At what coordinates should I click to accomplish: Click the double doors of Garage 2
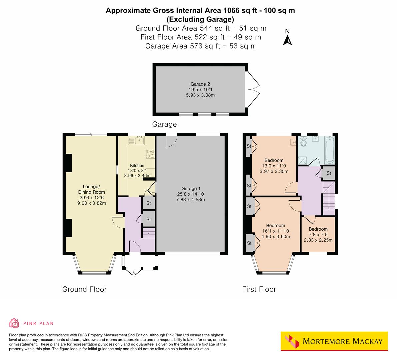click(x=252, y=89)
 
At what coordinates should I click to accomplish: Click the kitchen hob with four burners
click(x=150, y=154)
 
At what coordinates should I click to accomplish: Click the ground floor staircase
click(x=149, y=232)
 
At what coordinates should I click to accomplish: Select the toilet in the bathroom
click(x=303, y=143)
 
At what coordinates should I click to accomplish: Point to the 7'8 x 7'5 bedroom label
click(x=318, y=234)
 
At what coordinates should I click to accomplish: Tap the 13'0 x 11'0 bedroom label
click(x=274, y=166)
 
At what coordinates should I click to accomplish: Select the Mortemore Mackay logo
click(x=334, y=341)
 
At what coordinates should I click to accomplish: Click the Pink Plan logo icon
click(x=14, y=323)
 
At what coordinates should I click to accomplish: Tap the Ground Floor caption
click(x=84, y=289)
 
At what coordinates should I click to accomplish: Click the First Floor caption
click(x=259, y=289)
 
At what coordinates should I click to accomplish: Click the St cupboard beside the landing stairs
click(x=328, y=173)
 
